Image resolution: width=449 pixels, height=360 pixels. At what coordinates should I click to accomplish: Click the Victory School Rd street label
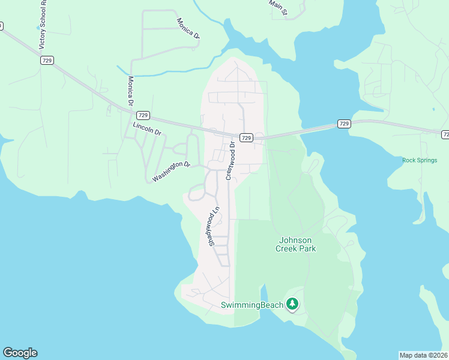(x=42, y=28)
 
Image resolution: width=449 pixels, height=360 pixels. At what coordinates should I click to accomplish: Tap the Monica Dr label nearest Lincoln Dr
(x=130, y=91)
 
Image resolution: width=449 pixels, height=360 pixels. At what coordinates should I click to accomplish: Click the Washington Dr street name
(x=171, y=171)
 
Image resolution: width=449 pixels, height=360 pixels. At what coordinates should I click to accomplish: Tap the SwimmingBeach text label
(x=252, y=305)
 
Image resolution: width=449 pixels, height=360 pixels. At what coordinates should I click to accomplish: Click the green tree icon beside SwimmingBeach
(x=292, y=305)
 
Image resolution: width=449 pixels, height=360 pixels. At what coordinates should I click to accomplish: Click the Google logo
(x=20, y=353)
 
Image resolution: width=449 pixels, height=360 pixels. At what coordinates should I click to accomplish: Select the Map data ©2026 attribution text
(x=423, y=355)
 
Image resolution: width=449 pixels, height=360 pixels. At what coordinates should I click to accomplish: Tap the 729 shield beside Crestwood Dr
(x=246, y=138)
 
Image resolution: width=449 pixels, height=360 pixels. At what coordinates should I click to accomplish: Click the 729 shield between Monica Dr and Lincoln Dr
(x=142, y=115)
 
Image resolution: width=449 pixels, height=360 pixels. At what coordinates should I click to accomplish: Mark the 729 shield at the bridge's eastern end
(x=343, y=124)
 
